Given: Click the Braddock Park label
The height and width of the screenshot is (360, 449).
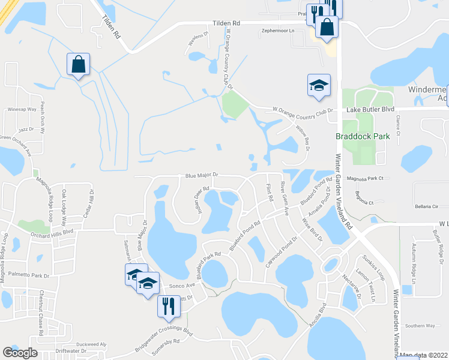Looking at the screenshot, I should click(362, 136).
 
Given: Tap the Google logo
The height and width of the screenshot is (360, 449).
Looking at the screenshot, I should click(20, 352).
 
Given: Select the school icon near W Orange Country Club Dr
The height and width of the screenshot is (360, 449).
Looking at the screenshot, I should click(319, 85).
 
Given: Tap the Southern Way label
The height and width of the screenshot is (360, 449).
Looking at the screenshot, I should click(420, 325).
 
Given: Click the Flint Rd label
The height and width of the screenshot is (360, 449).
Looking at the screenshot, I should click(270, 191).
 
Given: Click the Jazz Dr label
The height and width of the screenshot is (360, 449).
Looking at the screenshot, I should click(26, 129).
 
